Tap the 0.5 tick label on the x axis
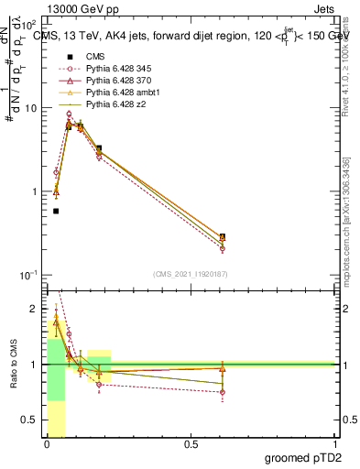(191, 446)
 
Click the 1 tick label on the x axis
(334, 446)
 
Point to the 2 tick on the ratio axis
(36, 308)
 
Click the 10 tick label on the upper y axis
(31, 108)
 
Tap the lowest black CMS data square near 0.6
(223, 236)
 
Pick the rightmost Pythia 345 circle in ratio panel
(223, 392)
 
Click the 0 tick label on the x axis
(47, 446)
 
